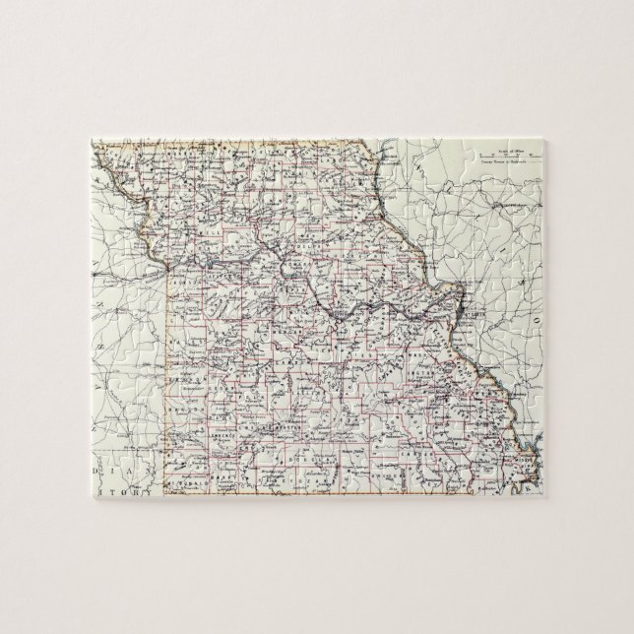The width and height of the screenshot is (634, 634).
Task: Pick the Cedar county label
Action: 220,371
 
